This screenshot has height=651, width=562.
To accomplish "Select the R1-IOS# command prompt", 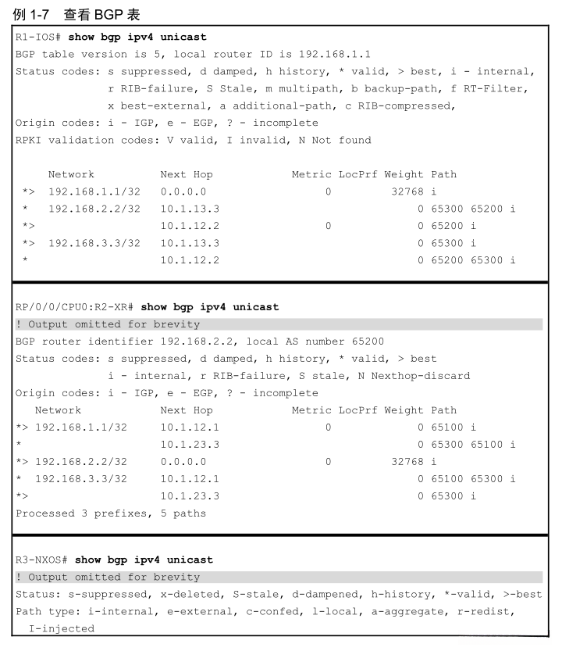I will coord(41,37).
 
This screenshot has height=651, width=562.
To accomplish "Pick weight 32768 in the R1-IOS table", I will coord(407,191).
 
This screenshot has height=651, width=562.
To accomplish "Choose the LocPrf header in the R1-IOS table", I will coord(357,174).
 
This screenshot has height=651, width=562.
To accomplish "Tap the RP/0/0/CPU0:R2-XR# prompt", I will coord(75,306).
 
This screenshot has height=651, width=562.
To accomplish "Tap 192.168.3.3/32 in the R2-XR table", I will coord(81,478).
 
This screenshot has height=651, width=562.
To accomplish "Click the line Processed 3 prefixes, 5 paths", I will coord(111,513).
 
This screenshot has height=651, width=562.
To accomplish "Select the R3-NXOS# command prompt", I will coord(44,560).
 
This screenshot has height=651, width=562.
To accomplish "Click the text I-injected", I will coord(61,628).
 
